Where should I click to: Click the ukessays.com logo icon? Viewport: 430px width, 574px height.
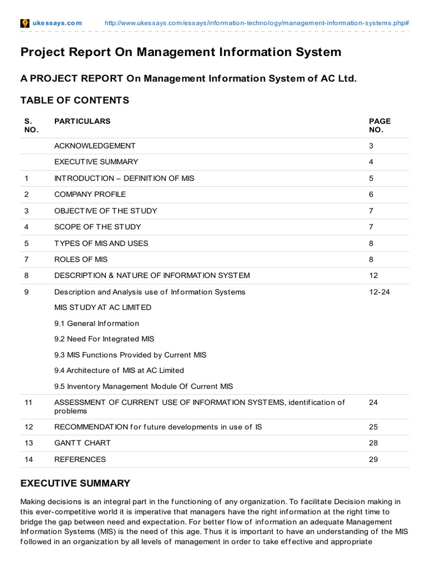25,23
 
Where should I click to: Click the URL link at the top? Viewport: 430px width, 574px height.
257,23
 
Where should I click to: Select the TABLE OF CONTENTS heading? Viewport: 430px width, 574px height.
74,100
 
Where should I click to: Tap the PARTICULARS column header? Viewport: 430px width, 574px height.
82,121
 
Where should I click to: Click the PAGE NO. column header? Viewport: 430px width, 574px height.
380,125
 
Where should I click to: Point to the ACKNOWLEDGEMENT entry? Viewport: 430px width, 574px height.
95,146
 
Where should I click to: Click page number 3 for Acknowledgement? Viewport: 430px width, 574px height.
371,146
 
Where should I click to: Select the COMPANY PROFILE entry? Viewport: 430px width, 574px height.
90,195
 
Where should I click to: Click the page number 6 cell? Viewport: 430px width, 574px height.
371,195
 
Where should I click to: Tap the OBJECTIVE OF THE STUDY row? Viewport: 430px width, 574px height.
105,211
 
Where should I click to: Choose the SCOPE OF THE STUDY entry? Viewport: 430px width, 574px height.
97,227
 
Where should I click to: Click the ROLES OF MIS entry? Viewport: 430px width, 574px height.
81,260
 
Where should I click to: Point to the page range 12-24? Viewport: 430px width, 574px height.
380,292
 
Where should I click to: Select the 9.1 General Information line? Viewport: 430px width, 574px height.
96,323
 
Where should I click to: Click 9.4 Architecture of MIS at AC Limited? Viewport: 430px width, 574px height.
119,371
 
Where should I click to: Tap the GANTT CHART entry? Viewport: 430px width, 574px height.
82,443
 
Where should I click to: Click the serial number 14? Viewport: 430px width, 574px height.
29,459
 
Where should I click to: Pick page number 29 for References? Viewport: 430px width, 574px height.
373,459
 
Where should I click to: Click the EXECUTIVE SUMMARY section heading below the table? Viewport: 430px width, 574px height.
75,483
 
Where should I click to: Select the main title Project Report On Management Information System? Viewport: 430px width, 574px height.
181,52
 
